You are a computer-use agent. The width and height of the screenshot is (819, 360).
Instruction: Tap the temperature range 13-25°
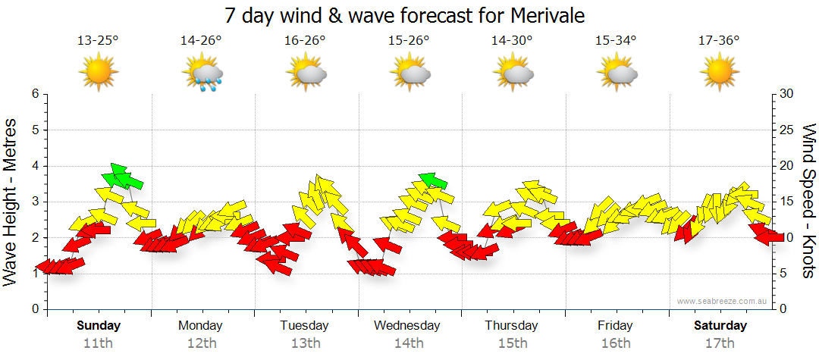coord(98,41)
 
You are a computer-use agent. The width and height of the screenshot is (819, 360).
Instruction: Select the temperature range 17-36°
coord(719,41)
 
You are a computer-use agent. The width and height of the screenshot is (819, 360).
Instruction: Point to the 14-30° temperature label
coord(512,41)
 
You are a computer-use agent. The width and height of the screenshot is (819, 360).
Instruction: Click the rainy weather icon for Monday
coord(202,74)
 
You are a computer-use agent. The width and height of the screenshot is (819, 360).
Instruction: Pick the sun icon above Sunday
coord(99,74)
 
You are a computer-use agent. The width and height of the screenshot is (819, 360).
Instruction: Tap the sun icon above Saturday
coord(719,74)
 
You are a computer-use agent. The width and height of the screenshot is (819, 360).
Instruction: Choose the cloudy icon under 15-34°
coord(616,74)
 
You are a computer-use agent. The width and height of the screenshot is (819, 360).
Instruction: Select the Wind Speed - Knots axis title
coord(808,201)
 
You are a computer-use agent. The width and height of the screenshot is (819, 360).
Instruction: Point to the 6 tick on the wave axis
coord(34,94)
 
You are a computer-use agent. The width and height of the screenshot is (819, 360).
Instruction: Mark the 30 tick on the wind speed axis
coord(786,94)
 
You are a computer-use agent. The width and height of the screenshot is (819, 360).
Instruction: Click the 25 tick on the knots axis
coord(786,130)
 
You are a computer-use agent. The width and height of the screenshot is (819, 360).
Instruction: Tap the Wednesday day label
coord(407,326)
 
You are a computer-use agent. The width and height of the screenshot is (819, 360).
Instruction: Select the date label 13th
coord(305,343)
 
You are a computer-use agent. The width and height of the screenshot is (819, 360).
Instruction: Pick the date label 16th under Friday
coord(615,343)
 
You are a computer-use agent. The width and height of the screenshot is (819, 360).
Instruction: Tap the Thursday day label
coord(512,326)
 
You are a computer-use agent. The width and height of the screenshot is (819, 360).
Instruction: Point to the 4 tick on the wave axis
coord(34,166)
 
